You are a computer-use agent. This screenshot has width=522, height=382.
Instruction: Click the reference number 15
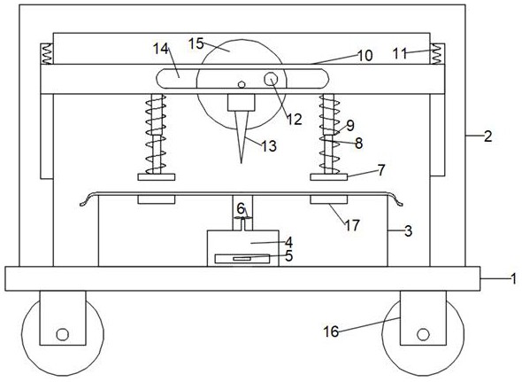point(196,43)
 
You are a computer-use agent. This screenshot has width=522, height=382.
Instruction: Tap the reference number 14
point(161,49)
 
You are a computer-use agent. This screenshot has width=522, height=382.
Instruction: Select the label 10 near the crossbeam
point(365,56)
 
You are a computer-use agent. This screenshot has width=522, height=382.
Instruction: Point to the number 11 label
point(400,53)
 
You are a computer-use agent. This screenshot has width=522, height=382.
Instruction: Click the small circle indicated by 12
point(272,80)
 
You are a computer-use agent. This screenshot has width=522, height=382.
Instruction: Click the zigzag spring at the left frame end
point(46,54)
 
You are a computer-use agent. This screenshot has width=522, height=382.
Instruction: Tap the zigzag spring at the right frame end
point(437,54)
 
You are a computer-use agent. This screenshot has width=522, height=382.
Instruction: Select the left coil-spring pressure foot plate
point(157,177)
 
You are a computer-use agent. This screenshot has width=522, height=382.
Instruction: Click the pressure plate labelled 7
point(329,177)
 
